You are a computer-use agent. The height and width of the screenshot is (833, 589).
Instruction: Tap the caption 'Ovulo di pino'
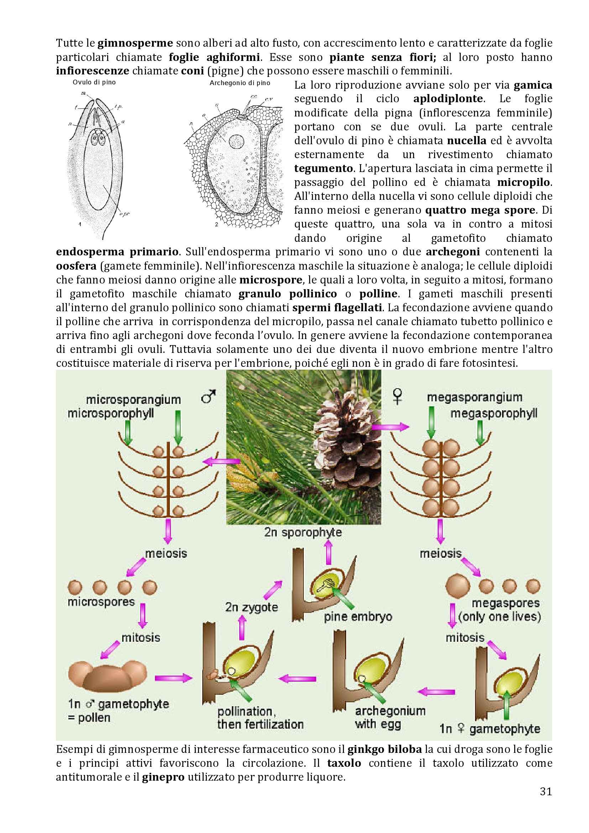(x=94, y=82)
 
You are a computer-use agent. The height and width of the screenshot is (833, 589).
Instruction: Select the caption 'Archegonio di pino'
(x=240, y=83)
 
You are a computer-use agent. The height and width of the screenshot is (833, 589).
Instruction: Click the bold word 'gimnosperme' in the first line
(x=135, y=43)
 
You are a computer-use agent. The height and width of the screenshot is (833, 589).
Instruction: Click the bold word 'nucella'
(x=466, y=140)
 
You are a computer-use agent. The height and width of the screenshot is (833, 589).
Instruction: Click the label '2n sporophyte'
(x=303, y=532)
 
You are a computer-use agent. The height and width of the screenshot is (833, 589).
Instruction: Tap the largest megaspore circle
(x=457, y=586)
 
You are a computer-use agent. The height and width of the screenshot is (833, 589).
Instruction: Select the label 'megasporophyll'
(x=494, y=413)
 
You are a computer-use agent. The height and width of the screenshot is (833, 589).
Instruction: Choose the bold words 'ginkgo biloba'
(x=385, y=749)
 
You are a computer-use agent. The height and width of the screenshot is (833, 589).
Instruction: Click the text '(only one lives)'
(x=499, y=616)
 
